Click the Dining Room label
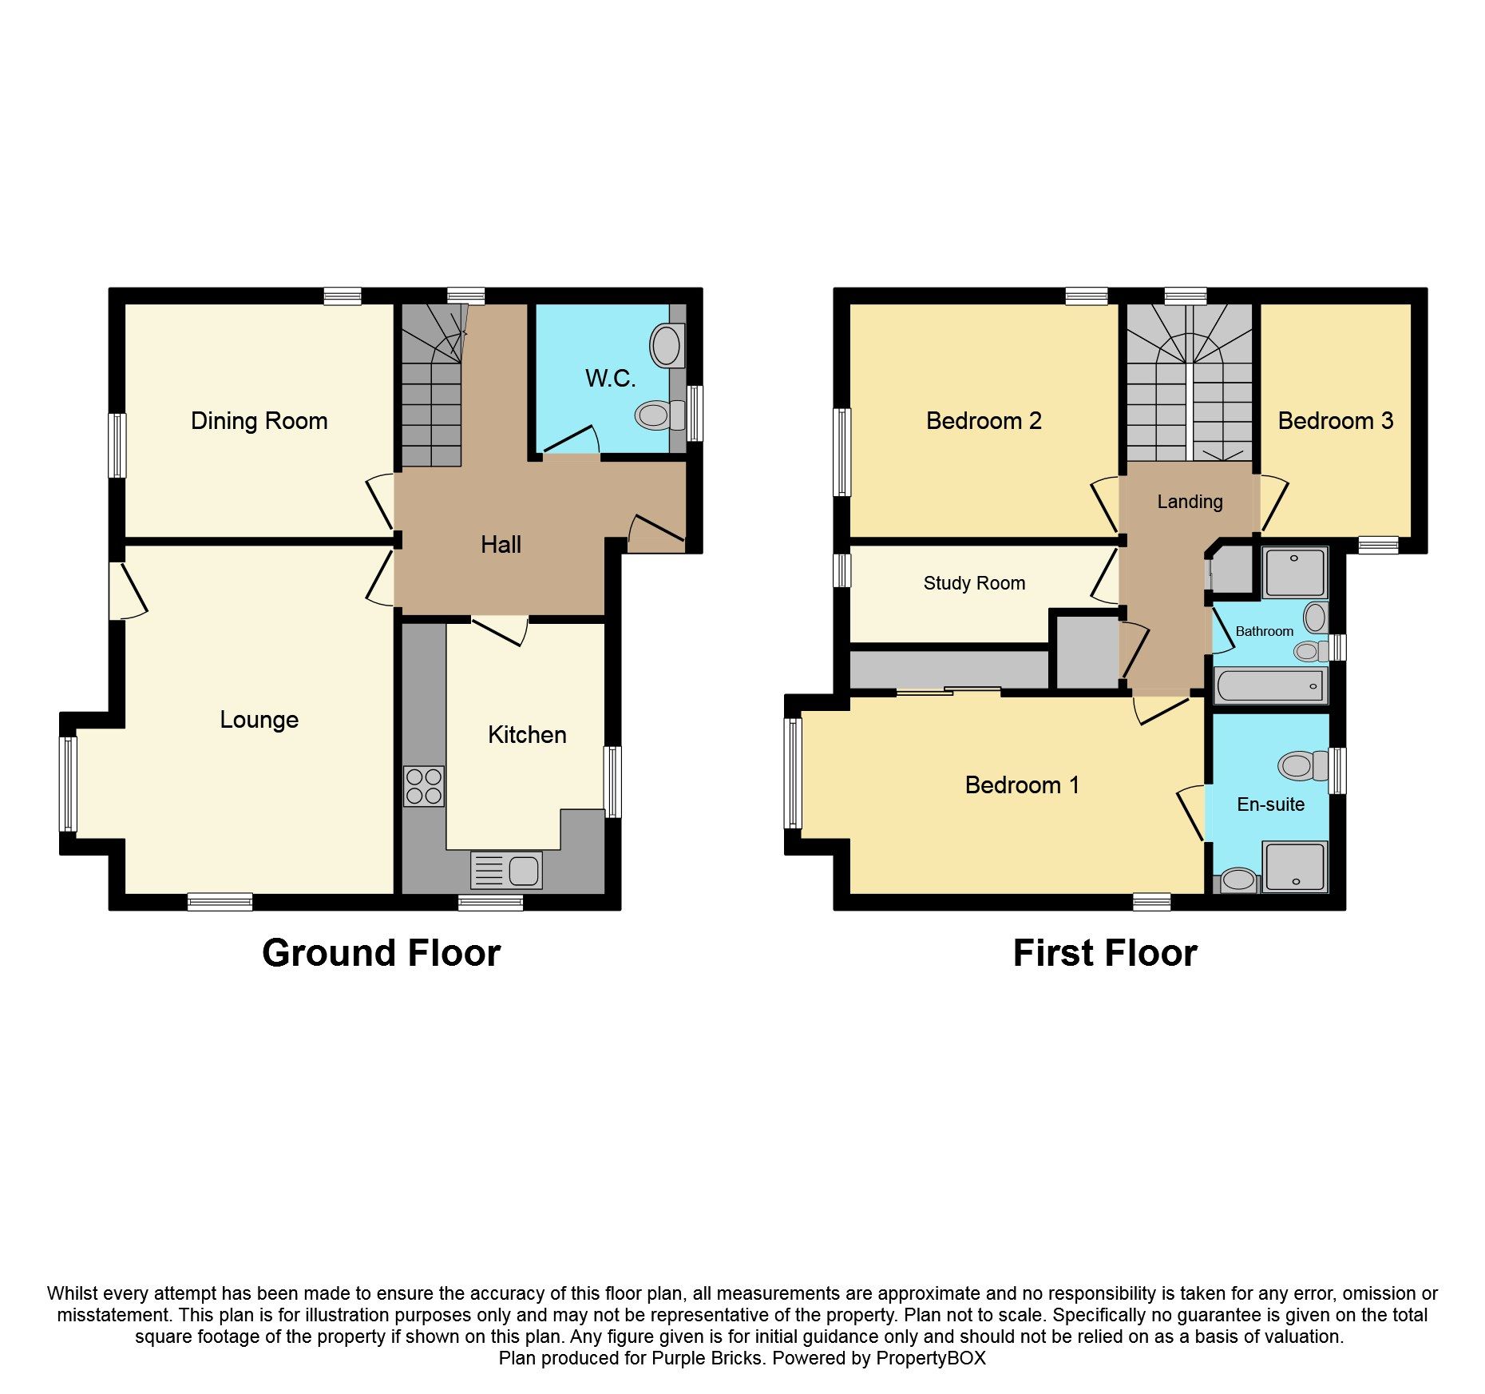(x=259, y=421)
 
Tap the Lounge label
(x=259, y=720)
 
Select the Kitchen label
(x=527, y=735)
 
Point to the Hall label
(x=501, y=545)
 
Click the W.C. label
(x=610, y=379)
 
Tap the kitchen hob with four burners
(x=423, y=786)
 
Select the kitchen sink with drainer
(x=507, y=870)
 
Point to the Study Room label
(x=974, y=583)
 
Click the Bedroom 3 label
(x=1335, y=421)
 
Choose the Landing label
(x=1190, y=502)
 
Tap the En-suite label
(x=1270, y=804)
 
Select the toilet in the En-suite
(x=1301, y=766)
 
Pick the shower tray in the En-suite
(x=1294, y=866)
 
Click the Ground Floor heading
(x=381, y=953)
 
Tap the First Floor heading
(x=1105, y=953)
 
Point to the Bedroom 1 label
(x=1022, y=785)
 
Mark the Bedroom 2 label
(x=984, y=421)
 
